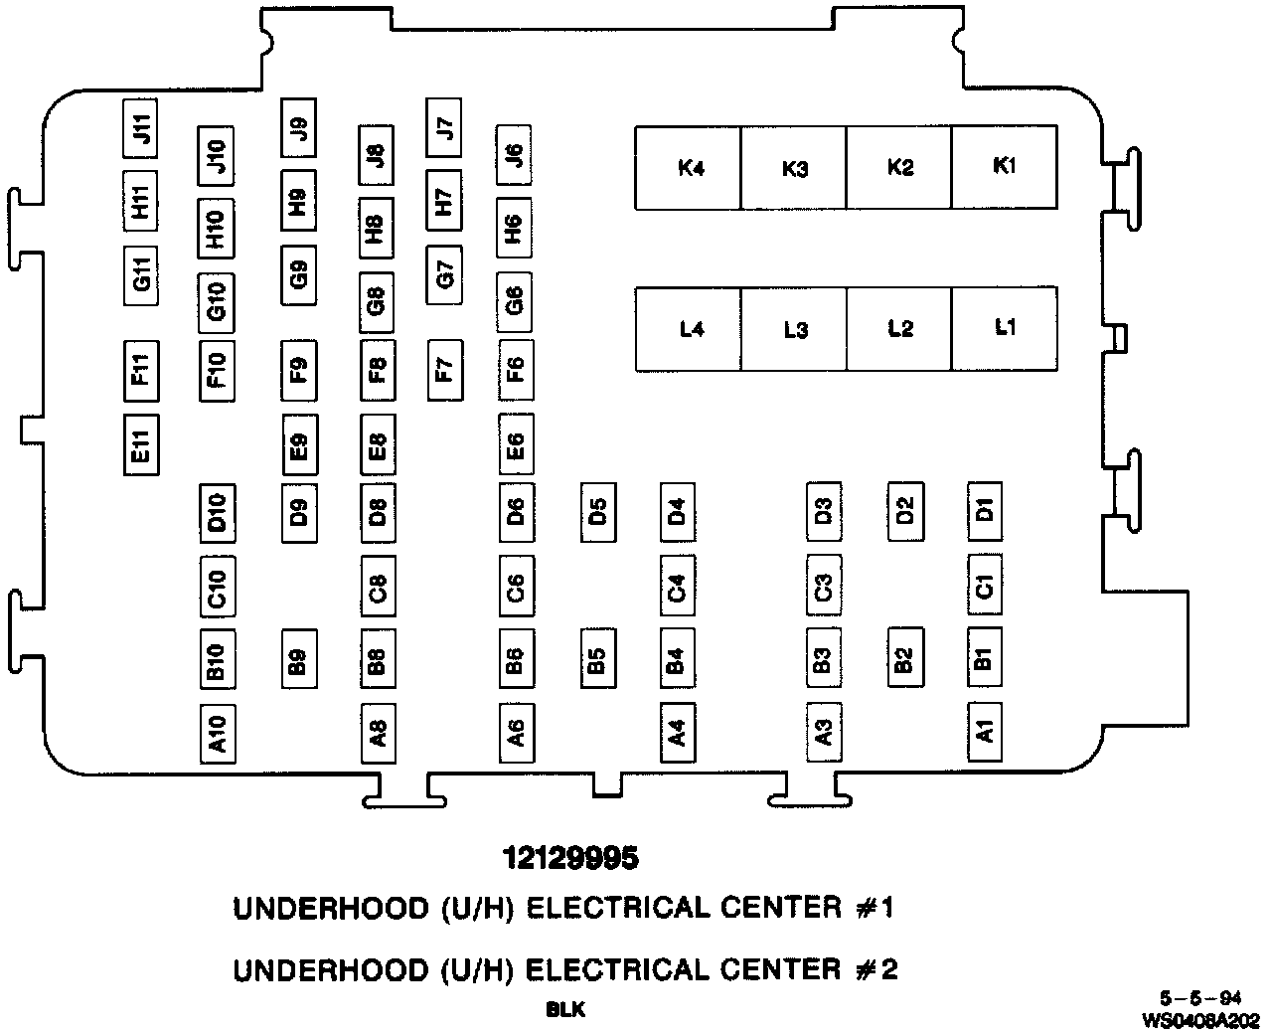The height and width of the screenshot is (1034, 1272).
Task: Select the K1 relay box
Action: coord(1004,167)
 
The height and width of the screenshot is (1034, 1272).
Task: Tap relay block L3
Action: coord(794,329)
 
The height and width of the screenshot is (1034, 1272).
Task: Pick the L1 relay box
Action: coord(1004,329)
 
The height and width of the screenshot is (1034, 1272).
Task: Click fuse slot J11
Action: coord(140,128)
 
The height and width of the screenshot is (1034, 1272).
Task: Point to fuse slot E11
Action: coord(140,444)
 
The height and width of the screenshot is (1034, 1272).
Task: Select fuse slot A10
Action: coord(217,734)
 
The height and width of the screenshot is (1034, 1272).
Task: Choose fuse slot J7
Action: coord(443,127)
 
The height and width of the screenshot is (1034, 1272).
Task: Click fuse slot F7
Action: coord(443,370)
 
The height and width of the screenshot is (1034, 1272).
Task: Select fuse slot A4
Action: coord(677,734)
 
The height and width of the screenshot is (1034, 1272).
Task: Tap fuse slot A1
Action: coord(984,734)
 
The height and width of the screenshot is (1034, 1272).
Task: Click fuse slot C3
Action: coord(823,587)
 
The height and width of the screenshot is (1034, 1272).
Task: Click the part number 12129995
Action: coord(569,858)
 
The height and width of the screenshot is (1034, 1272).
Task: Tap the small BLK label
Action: coord(565,1010)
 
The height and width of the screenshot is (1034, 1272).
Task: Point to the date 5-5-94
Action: coord(1199,999)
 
